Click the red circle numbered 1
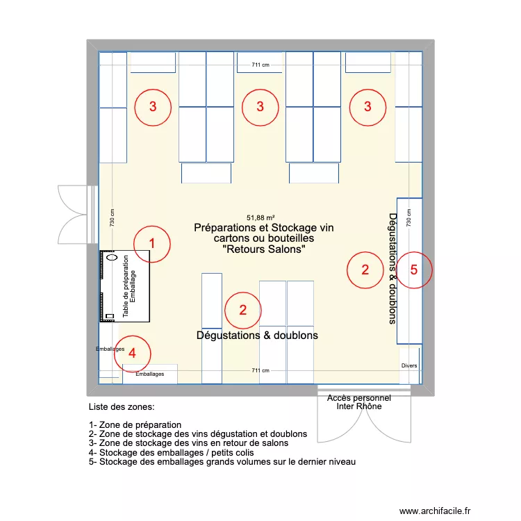pos(152,244)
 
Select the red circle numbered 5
pos(414,270)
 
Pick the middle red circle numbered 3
pos(260,107)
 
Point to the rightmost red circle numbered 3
pos(368,107)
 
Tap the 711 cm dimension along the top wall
pos(260,65)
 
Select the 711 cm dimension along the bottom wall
pos(260,371)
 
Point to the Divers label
pos(409,366)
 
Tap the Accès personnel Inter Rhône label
pos(358,402)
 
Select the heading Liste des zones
pos(122,407)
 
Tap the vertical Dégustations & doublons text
pos(392,268)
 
